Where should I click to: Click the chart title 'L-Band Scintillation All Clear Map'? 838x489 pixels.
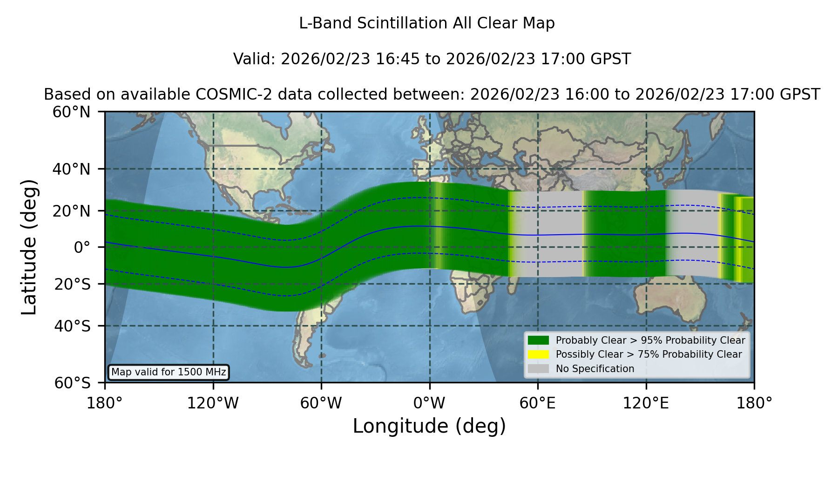coord(427,23)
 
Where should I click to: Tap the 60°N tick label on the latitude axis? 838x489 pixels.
coord(72,112)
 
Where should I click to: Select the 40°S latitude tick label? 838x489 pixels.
coord(73,326)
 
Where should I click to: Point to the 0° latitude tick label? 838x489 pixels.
coord(82,247)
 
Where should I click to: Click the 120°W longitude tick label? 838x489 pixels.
coord(213,403)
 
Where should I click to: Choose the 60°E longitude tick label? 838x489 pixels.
coord(538,403)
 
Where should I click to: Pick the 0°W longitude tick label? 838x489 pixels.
coord(429,403)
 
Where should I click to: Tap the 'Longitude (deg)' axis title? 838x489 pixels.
coord(429,426)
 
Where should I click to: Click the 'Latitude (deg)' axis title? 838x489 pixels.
coord(29,247)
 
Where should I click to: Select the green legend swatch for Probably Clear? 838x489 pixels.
coord(538,340)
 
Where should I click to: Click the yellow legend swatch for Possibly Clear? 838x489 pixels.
coord(538,354)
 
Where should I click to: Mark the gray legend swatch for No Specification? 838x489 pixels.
coord(538,369)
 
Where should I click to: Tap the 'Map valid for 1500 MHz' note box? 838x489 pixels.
coord(169,372)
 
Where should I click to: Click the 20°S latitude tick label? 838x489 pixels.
coord(73,284)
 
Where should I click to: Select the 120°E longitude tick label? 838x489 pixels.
coord(646,403)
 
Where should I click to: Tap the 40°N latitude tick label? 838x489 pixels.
coord(72,169)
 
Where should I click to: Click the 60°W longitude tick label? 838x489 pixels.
coord(321,403)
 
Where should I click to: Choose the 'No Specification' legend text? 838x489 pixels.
coord(595,369)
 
